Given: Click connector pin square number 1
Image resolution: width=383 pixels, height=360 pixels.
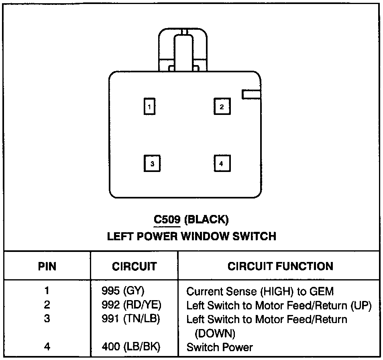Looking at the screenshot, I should pos(149,107).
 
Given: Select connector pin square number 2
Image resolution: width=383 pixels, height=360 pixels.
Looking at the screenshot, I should pos(221,106).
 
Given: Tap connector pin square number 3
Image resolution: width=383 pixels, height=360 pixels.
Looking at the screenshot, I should pos(152,163).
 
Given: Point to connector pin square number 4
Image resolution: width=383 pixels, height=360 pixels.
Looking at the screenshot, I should pos(221,163).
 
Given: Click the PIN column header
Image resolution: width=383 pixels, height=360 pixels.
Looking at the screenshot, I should pos(47,266).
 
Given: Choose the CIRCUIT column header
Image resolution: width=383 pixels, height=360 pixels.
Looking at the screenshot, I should pos(134,266).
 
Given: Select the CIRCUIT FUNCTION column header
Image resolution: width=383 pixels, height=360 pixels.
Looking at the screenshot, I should pos(280,266).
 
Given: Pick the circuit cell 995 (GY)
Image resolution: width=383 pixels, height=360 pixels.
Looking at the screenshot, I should pos(123,290).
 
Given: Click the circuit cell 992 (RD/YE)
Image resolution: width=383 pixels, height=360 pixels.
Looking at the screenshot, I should pos(132,305).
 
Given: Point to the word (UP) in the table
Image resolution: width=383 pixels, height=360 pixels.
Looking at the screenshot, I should pos(361,306).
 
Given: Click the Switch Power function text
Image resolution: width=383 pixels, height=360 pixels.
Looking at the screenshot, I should pos(220,347).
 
